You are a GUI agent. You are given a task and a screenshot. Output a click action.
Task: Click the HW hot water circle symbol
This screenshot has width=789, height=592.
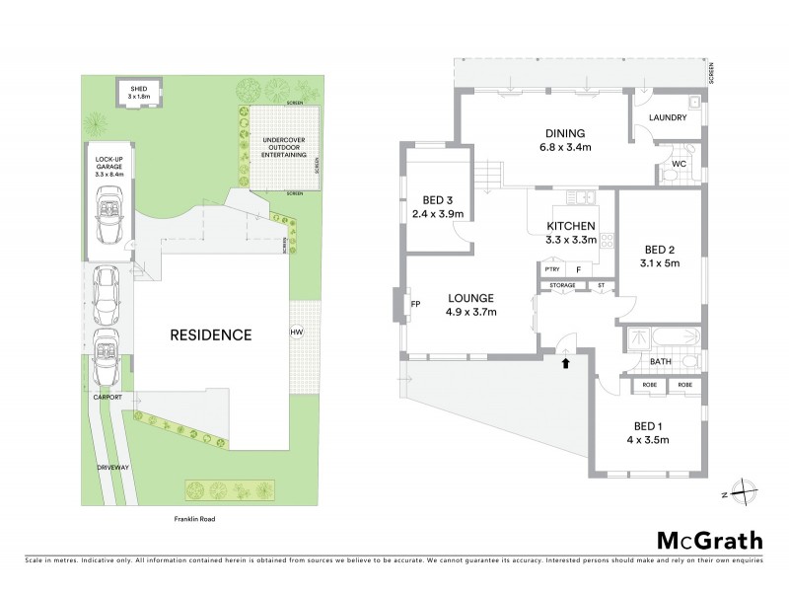(296, 333)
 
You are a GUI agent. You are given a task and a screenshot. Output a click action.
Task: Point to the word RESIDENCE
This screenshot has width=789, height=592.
(212, 334)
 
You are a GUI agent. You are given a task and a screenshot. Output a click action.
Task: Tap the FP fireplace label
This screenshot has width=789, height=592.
(415, 305)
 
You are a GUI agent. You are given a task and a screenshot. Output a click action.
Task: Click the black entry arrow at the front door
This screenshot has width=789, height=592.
(565, 364)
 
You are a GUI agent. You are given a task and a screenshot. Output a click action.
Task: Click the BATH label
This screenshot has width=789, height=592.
(661, 362)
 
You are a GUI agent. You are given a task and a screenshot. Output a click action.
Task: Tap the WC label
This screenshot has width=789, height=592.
(679, 164)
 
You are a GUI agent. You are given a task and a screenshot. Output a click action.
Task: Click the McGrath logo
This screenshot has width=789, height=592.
(709, 540)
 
